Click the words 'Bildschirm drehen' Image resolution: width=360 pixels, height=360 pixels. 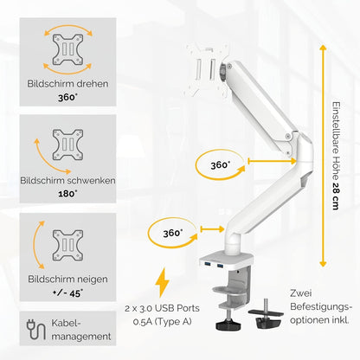(67, 84)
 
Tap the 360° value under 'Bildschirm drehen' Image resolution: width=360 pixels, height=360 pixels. (67, 97)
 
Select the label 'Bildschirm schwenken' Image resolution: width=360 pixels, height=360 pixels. (67, 181)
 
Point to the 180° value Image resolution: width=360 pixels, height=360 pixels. (67, 194)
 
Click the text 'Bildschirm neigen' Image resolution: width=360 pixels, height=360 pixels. (67, 280)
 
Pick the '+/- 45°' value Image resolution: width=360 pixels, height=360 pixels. (67, 293)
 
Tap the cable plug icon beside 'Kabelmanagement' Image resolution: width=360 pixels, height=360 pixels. (36, 330)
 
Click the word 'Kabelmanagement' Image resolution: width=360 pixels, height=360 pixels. (81, 330)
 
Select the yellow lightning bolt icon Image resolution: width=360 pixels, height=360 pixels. (162, 282)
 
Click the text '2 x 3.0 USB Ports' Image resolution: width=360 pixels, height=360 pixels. (162, 308)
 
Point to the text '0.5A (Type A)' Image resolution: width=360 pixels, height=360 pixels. (162, 321)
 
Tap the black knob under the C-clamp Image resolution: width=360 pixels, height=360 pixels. (228, 325)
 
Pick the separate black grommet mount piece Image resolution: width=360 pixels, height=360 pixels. (267, 315)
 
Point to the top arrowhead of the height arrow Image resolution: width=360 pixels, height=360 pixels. (323, 47)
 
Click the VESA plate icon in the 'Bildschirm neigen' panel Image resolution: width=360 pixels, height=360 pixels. (67, 246)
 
